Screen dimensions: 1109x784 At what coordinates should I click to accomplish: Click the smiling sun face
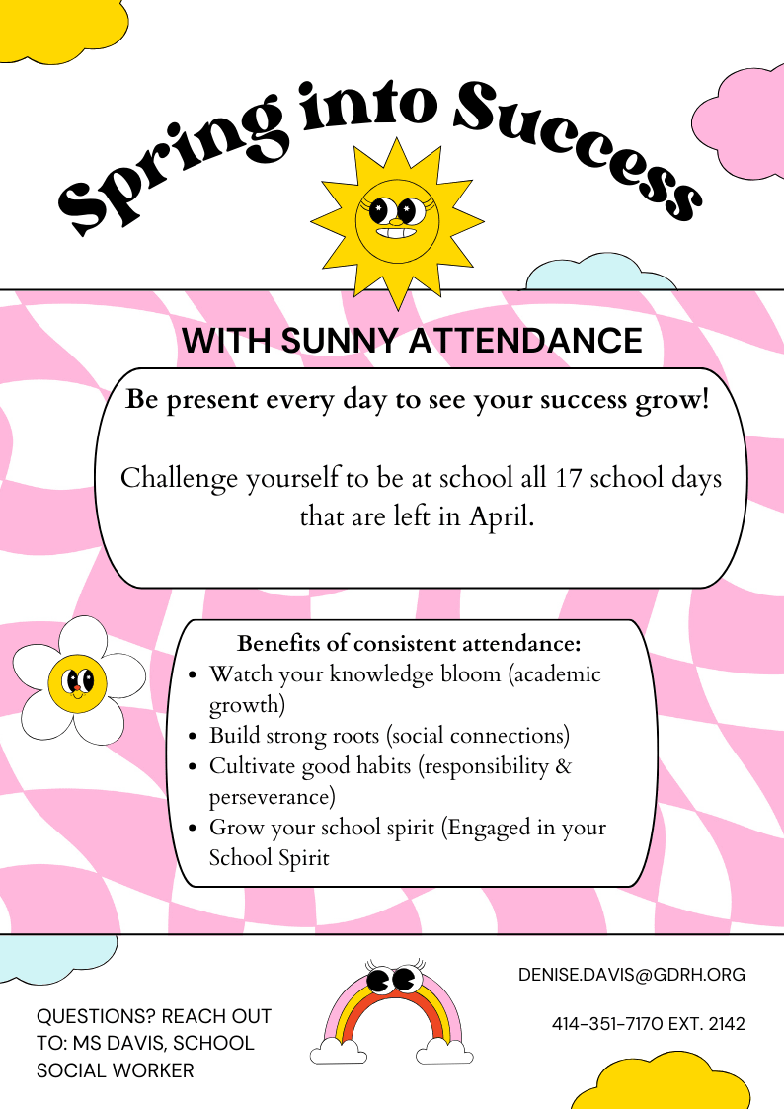396,219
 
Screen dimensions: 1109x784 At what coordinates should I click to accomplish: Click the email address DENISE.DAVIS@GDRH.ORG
632,975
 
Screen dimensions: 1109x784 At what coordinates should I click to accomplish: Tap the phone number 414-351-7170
607,1024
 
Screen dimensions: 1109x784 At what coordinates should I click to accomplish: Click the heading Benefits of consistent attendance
409,644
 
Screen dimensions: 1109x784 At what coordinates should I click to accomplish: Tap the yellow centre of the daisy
77,680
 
